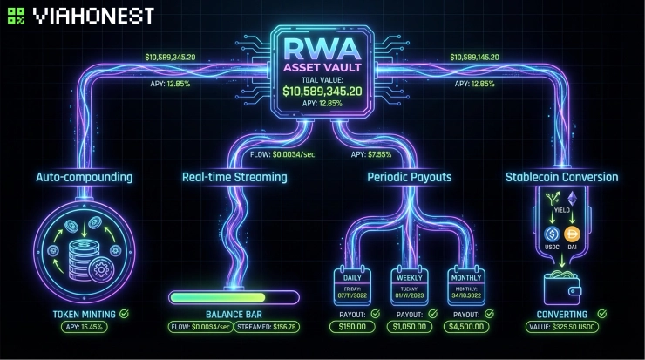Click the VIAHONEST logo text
coord(93,16)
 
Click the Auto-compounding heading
coord(84,177)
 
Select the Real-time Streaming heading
coord(234,177)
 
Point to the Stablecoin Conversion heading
coord(562,177)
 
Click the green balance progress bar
coord(233,297)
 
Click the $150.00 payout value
coord(353,327)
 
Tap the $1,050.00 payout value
coord(409,327)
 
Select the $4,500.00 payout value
coord(465,327)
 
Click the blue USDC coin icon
coord(551,234)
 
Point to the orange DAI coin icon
coord(574,234)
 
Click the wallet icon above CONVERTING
coord(562,284)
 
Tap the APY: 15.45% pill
coord(84,327)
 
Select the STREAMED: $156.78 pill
coord(266,327)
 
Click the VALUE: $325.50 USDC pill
coord(562,327)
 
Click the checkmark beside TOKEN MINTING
coord(125,314)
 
